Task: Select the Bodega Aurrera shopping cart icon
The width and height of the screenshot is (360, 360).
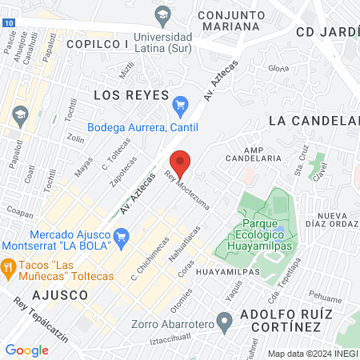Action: tap(181, 104)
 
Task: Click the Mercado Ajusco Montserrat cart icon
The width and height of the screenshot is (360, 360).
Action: tap(122, 235)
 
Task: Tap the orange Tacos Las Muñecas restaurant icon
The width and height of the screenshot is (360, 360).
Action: tap(9, 266)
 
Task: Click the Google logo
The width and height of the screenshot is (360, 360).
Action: tap(26, 350)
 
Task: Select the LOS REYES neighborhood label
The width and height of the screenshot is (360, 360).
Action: tap(126, 94)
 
